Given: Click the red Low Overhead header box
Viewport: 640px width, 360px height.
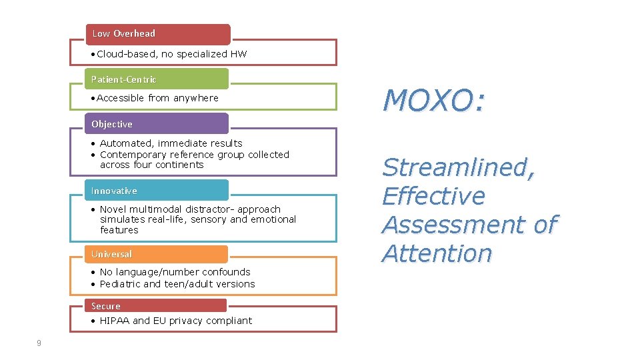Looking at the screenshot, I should coord(157,34).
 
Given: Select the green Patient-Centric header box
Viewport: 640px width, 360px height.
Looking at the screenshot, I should coord(156,79).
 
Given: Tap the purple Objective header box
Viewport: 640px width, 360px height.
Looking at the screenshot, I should coord(156,124).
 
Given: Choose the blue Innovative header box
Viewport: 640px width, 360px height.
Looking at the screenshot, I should coord(156,191).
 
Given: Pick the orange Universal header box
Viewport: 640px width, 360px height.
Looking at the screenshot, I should coord(156,254).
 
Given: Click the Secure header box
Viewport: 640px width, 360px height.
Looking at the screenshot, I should coord(156,306).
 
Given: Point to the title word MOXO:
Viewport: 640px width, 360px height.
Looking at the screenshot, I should coord(433,101).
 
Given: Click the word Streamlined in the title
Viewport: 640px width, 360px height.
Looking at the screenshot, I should coord(458,167).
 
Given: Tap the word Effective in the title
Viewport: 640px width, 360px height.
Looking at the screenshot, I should coord(433,196).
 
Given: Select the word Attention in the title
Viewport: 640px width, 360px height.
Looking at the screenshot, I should coord(436,253).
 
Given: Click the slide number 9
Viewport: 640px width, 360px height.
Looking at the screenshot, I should coord(39,343).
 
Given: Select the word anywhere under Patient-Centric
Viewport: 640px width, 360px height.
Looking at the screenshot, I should coord(196,98).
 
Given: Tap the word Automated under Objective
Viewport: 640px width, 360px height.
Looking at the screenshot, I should coord(128,143).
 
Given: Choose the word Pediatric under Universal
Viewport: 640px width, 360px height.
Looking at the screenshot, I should coord(120,284).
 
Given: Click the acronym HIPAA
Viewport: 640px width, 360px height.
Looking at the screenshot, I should coord(115,321).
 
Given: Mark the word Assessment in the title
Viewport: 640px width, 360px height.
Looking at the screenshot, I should coord(455,225).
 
